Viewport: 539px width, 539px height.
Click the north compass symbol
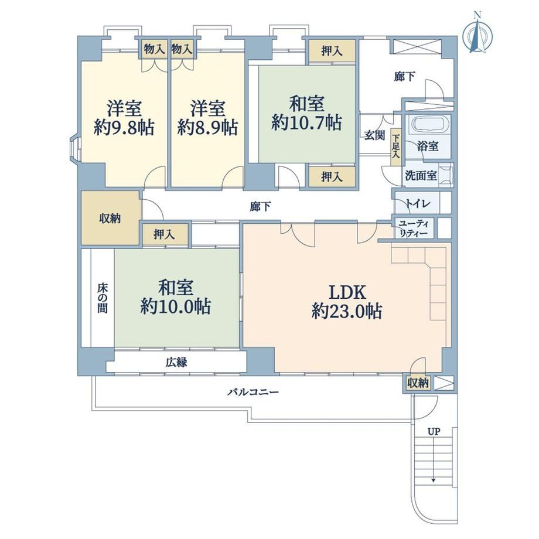click(x=477, y=34)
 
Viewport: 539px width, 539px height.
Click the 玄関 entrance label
click(x=374, y=135)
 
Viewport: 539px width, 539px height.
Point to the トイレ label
click(x=417, y=203)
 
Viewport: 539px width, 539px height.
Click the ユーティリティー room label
click(x=414, y=228)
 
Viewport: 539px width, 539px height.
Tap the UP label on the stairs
click(x=434, y=431)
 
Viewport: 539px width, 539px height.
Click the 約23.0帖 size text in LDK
click(x=347, y=312)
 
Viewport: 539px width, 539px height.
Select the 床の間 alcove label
click(x=102, y=298)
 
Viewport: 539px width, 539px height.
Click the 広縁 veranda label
click(x=176, y=362)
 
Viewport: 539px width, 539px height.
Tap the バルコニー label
click(x=253, y=392)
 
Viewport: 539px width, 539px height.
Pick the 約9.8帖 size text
click(x=124, y=128)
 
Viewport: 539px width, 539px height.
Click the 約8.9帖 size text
click(x=207, y=128)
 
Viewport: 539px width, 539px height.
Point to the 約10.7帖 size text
click(x=306, y=122)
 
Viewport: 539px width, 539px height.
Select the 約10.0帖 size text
click(x=176, y=306)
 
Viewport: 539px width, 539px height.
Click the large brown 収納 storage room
click(x=110, y=218)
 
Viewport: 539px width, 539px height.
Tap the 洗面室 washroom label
click(x=421, y=176)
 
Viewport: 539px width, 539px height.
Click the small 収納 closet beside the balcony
click(x=418, y=383)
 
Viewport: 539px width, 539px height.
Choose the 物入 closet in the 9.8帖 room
click(x=154, y=49)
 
